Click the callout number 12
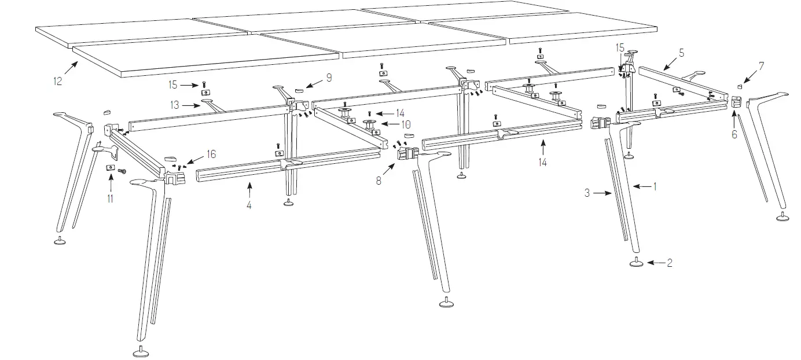58,82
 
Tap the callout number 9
328,76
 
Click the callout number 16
211,155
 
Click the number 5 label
681,53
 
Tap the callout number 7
761,65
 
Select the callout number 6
734,134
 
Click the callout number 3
587,193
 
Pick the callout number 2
669,263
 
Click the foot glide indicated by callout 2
637,263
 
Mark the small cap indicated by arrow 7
739,86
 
